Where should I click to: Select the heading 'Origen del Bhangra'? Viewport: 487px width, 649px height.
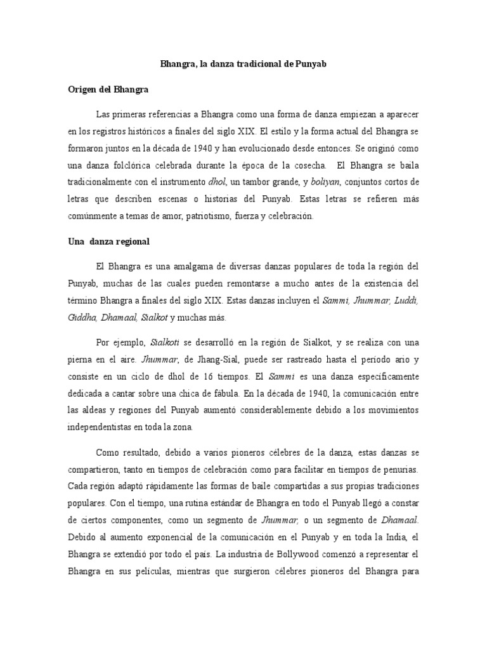click(x=108, y=90)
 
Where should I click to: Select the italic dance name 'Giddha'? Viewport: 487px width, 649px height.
click(x=82, y=317)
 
